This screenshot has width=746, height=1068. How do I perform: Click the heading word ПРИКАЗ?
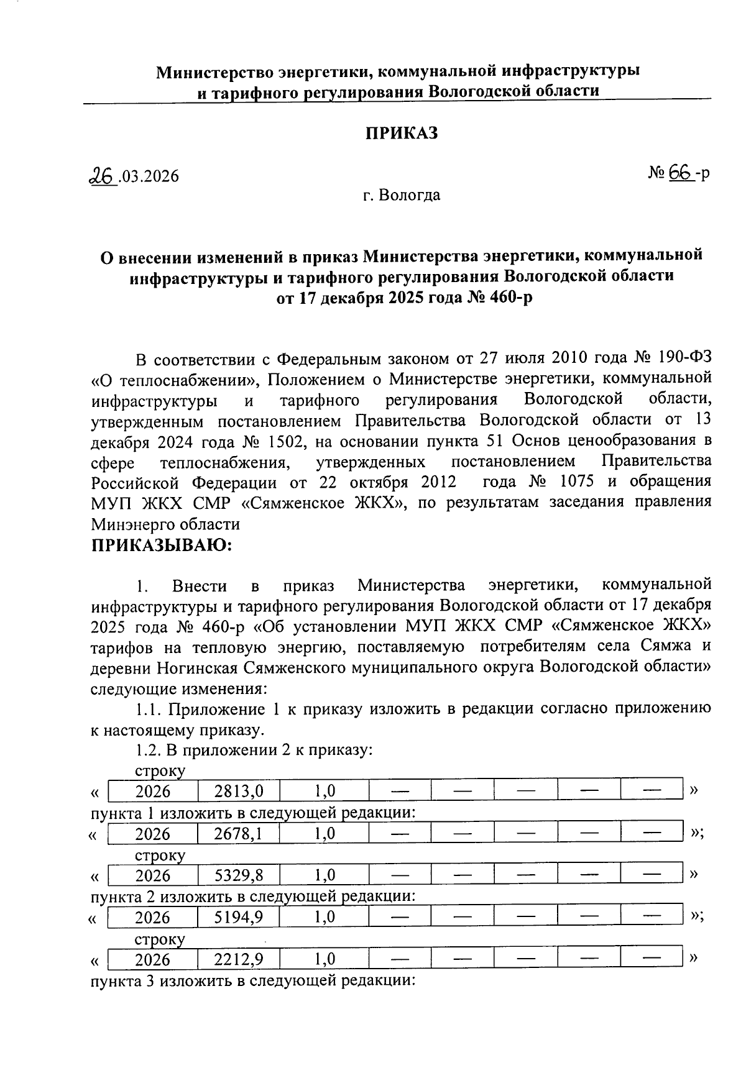(x=401, y=134)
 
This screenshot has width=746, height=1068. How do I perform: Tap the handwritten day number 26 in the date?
(x=102, y=176)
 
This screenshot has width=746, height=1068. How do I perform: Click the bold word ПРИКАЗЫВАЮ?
(x=162, y=545)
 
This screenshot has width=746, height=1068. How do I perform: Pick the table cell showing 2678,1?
(x=238, y=834)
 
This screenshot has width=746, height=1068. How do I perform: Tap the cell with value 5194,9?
(x=238, y=918)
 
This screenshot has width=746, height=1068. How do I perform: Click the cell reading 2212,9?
(x=238, y=960)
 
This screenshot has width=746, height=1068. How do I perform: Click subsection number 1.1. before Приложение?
(x=149, y=710)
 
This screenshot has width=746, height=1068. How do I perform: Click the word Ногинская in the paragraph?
(x=198, y=668)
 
